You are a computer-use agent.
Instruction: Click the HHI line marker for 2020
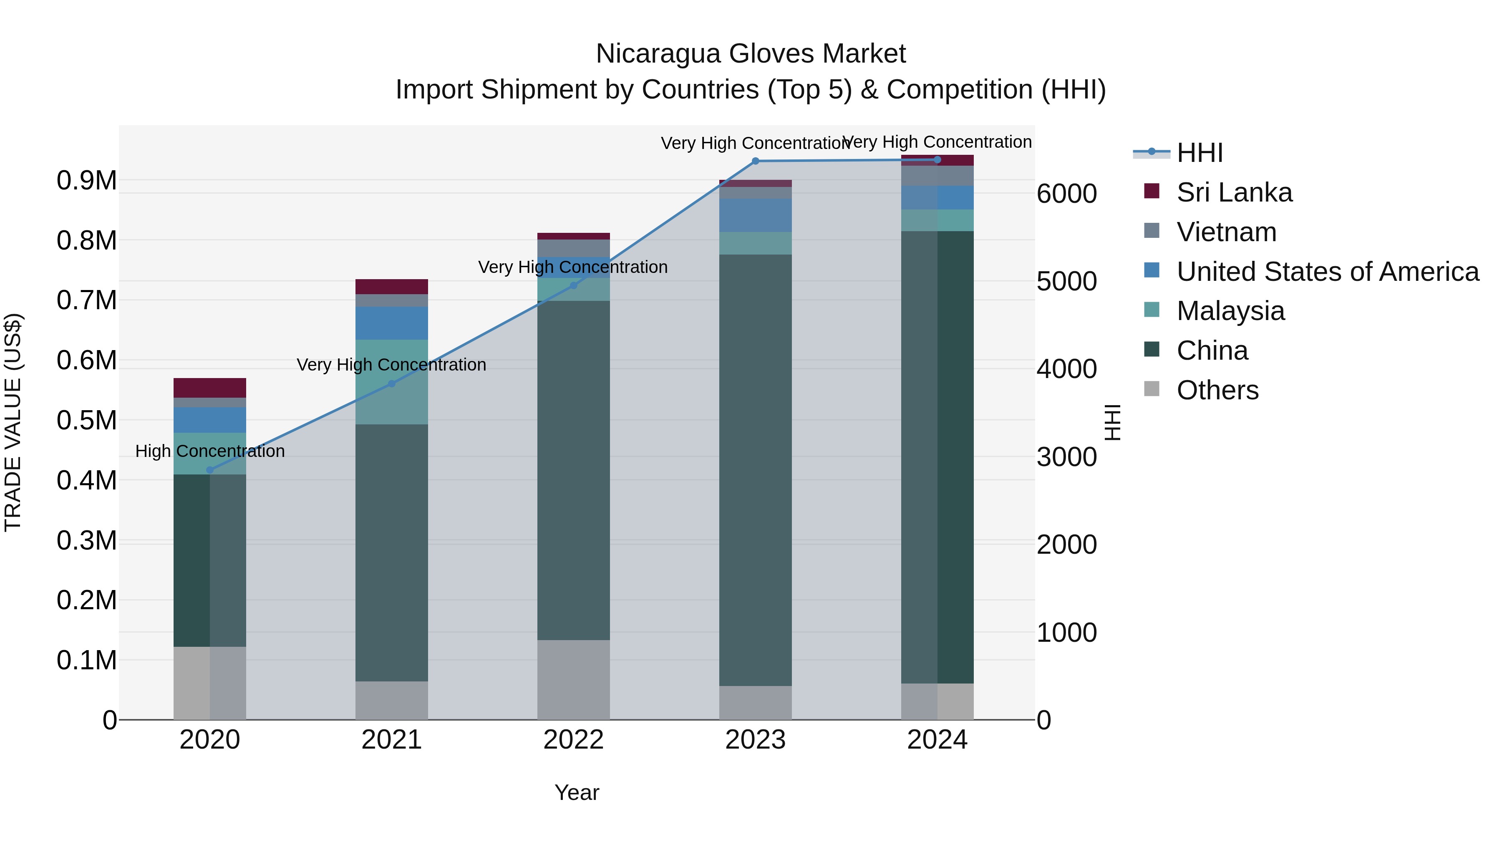point(210,470)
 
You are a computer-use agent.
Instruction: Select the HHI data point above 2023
point(755,161)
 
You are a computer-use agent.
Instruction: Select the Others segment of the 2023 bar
point(755,702)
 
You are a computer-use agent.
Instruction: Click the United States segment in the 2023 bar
point(755,215)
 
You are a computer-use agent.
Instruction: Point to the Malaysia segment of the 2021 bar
point(391,381)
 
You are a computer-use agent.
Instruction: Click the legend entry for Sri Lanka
point(1234,192)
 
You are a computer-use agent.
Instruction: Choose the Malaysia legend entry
point(1230,311)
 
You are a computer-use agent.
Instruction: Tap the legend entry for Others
point(1217,390)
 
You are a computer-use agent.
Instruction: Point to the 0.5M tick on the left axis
point(87,421)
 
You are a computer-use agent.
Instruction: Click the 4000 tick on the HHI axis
point(1066,369)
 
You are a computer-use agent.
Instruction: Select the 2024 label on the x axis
point(937,740)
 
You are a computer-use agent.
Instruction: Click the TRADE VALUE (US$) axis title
point(13,422)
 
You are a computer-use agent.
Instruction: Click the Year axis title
point(577,792)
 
